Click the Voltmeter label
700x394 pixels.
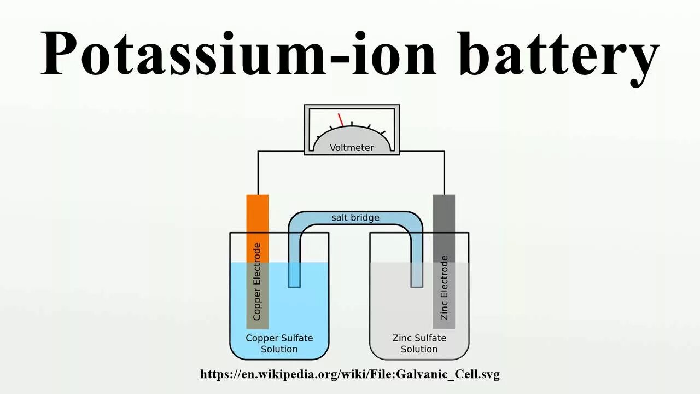(352, 148)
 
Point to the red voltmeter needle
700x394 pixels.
(341, 119)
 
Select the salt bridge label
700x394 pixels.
(355, 218)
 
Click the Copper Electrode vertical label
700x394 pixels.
(257, 282)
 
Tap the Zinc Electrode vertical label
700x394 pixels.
(444, 288)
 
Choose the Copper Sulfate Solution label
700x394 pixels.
(279, 344)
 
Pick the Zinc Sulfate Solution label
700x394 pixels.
(419, 344)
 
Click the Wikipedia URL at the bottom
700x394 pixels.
(350, 374)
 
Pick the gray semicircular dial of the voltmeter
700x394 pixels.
(352, 137)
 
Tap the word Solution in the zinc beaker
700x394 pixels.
(419, 349)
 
